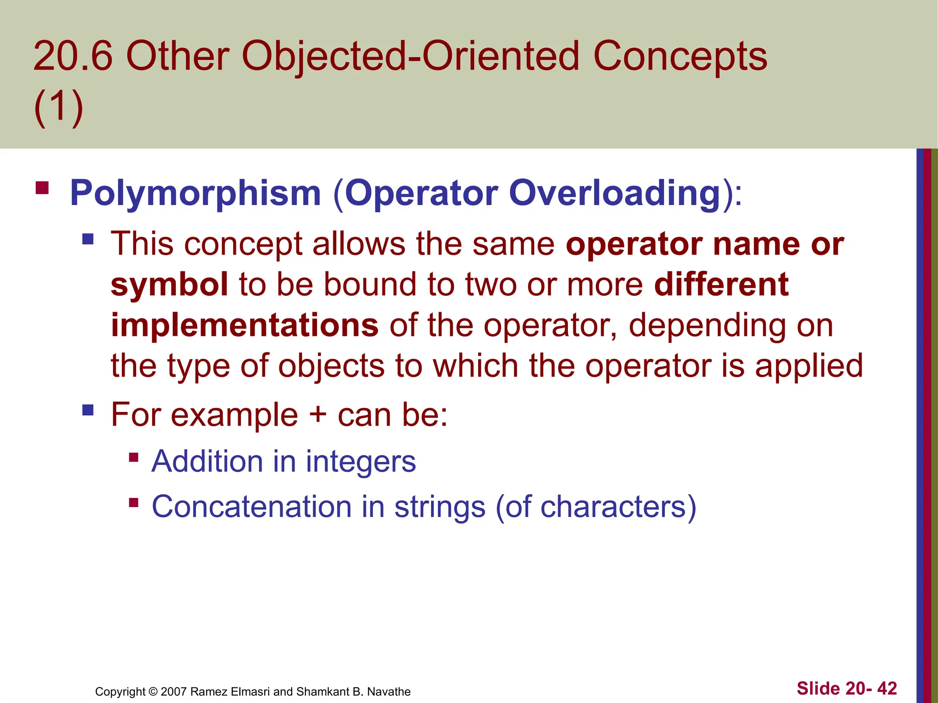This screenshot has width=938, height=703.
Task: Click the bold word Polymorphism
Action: pyautogui.click(x=195, y=193)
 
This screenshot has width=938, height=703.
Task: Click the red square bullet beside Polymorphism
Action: pyautogui.click(x=42, y=188)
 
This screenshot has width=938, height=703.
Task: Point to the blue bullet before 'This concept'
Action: pyautogui.click(x=88, y=239)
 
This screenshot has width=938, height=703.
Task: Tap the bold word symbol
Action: pyautogui.click(x=169, y=284)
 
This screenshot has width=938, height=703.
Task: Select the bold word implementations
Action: pyautogui.click(x=245, y=325)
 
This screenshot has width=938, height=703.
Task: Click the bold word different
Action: pyautogui.click(x=721, y=284)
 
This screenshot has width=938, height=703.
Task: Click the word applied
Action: pyautogui.click(x=809, y=366)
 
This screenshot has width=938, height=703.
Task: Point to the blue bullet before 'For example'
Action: pyautogui.click(x=88, y=410)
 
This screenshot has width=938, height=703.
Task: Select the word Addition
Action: pyautogui.click(x=207, y=461)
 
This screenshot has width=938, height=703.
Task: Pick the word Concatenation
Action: pyautogui.click(x=251, y=507)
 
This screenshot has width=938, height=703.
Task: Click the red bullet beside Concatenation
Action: pyautogui.click(x=134, y=503)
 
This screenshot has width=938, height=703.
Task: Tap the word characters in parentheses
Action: pyautogui.click(x=613, y=507)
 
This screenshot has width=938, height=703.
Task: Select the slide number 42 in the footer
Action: pyautogui.click(x=887, y=688)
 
